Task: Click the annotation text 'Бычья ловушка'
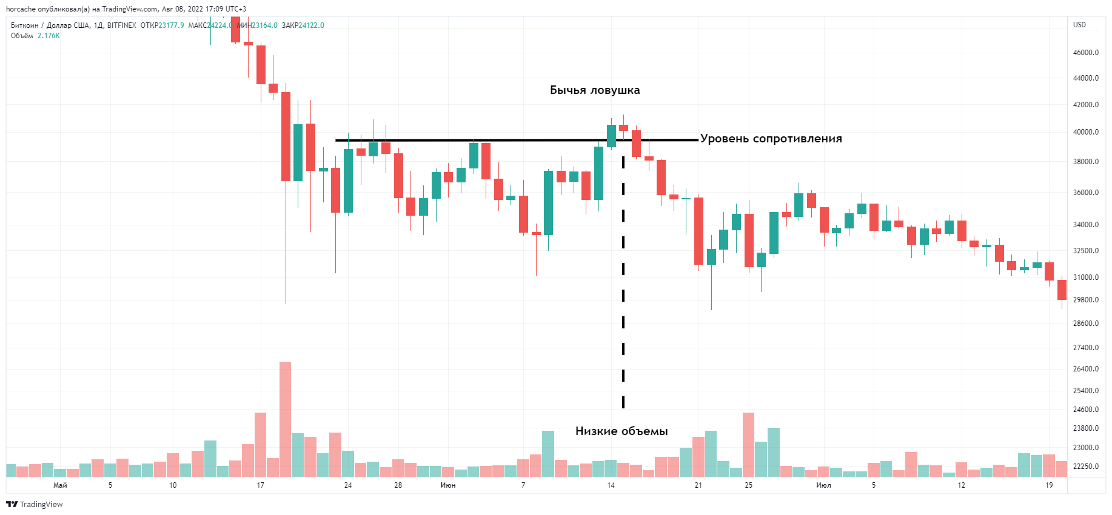tap(594, 90)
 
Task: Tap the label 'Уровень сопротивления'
tap(771, 139)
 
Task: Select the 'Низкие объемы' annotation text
tap(621, 431)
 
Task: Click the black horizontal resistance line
tap(515, 141)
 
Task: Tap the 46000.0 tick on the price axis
tap(1085, 53)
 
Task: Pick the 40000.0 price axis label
tap(1085, 132)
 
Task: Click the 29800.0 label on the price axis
tap(1085, 300)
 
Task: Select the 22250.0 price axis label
tap(1085, 467)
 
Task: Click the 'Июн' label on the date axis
tap(448, 485)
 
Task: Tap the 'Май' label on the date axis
tap(60, 485)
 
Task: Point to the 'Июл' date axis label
tap(823, 485)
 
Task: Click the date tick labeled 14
tap(611, 485)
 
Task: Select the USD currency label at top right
tap(1079, 25)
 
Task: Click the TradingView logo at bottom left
tap(35, 504)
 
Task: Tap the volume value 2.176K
tap(49, 36)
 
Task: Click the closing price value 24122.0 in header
tap(311, 25)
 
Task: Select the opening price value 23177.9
tap(171, 25)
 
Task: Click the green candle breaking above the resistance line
tap(611, 136)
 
